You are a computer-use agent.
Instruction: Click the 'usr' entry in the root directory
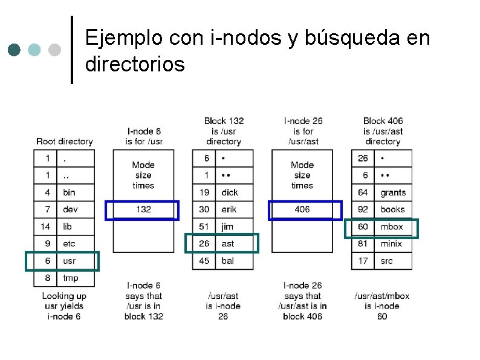(69, 261)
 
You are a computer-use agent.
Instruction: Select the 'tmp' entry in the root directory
(70, 278)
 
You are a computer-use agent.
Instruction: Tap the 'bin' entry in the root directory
(69, 192)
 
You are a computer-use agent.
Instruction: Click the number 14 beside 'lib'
(45, 226)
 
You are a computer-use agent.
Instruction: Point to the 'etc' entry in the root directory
(69, 244)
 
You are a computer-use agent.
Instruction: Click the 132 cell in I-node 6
(143, 209)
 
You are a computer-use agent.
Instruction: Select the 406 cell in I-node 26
(302, 209)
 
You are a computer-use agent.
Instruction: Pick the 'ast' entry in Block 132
(228, 244)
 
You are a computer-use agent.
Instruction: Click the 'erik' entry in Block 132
(229, 209)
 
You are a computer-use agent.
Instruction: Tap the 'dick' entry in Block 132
(230, 192)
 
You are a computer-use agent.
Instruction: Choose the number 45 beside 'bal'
(204, 261)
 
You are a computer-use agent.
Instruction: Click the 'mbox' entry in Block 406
(392, 227)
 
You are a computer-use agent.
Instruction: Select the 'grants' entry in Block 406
(393, 193)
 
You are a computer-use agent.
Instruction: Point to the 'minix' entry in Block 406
(391, 244)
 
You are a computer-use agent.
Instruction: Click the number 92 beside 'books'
(363, 209)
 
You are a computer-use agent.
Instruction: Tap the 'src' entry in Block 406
(386, 261)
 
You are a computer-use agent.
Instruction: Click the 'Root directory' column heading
(65, 142)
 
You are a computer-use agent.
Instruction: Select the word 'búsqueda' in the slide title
(357, 38)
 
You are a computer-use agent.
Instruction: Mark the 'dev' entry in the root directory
(70, 209)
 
